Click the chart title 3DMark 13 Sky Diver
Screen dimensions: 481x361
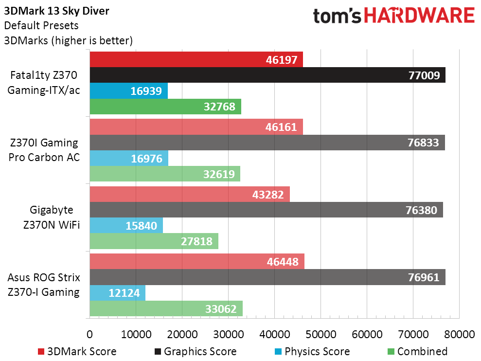click(56, 11)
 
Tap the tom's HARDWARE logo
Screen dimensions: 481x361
click(394, 16)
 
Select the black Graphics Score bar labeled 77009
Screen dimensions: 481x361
click(267, 75)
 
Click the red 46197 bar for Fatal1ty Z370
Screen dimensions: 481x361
click(196, 59)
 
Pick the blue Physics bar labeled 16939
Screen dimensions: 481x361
click(129, 90)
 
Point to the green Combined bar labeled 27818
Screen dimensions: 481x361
click(154, 241)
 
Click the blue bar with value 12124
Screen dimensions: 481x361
click(118, 292)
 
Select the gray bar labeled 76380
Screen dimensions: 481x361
click(266, 210)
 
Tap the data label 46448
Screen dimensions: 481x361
click(283, 262)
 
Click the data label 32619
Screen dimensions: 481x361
click(219, 174)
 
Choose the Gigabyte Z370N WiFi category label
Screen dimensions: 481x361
click(52, 217)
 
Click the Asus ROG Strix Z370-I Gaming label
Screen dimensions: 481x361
click(44, 285)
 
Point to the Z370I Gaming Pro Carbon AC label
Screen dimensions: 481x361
click(44, 150)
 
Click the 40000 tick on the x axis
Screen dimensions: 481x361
click(275, 334)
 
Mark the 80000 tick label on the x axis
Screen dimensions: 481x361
click(459, 334)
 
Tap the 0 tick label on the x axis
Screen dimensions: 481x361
click(89, 334)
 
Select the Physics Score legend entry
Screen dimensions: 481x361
click(312, 351)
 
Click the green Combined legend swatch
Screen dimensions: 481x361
click(391, 351)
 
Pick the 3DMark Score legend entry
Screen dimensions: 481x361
click(77, 351)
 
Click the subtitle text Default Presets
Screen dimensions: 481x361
click(41, 25)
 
